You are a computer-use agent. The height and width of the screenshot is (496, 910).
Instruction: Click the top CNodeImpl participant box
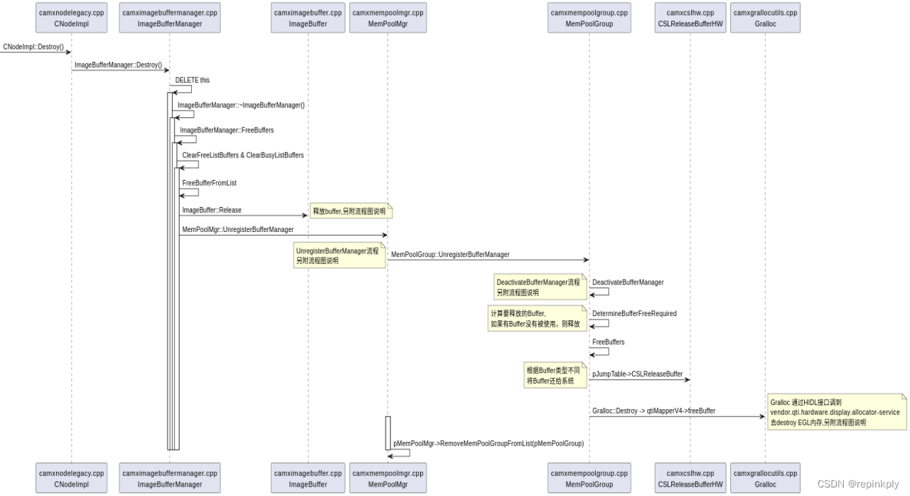click(x=71, y=18)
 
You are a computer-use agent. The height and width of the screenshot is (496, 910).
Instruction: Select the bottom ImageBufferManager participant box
click(x=169, y=478)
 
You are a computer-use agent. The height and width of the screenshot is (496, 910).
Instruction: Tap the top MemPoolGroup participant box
click(x=589, y=18)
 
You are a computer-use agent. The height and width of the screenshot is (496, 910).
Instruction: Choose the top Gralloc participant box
click(x=765, y=18)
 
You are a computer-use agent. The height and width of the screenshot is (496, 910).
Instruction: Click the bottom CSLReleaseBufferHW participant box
click(x=690, y=478)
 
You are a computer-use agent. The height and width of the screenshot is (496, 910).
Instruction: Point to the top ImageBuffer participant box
click(x=308, y=18)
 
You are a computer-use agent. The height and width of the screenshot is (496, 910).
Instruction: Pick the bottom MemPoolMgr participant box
click(x=387, y=478)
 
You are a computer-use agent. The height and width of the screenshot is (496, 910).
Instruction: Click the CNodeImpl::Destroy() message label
click(x=33, y=47)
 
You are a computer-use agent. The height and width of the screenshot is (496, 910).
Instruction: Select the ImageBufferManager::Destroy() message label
click(x=118, y=65)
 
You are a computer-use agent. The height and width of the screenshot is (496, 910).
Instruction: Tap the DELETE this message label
click(x=193, y=80)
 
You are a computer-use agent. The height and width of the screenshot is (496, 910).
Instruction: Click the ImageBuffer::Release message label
click(x=212, y=210)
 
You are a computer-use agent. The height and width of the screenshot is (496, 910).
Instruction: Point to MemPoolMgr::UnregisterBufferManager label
click(x=237, y=230)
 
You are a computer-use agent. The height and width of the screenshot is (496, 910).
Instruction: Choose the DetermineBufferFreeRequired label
click(x=634, y=313)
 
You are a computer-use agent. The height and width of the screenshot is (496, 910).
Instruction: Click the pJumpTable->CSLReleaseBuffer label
click(x=637, y=374)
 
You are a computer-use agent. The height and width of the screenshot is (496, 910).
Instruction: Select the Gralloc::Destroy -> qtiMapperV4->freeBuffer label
click(x=653, y=411)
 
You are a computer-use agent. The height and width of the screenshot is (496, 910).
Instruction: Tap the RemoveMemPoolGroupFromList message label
click(x=488, y=443)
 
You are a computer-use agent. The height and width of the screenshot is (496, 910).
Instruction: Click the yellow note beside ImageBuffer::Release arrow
click(x=350, y=211)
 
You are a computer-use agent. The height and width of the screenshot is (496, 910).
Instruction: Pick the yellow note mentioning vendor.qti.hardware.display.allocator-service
click(x=835, y=412)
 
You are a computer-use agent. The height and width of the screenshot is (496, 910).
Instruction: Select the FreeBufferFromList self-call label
click(x=209, y=183)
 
